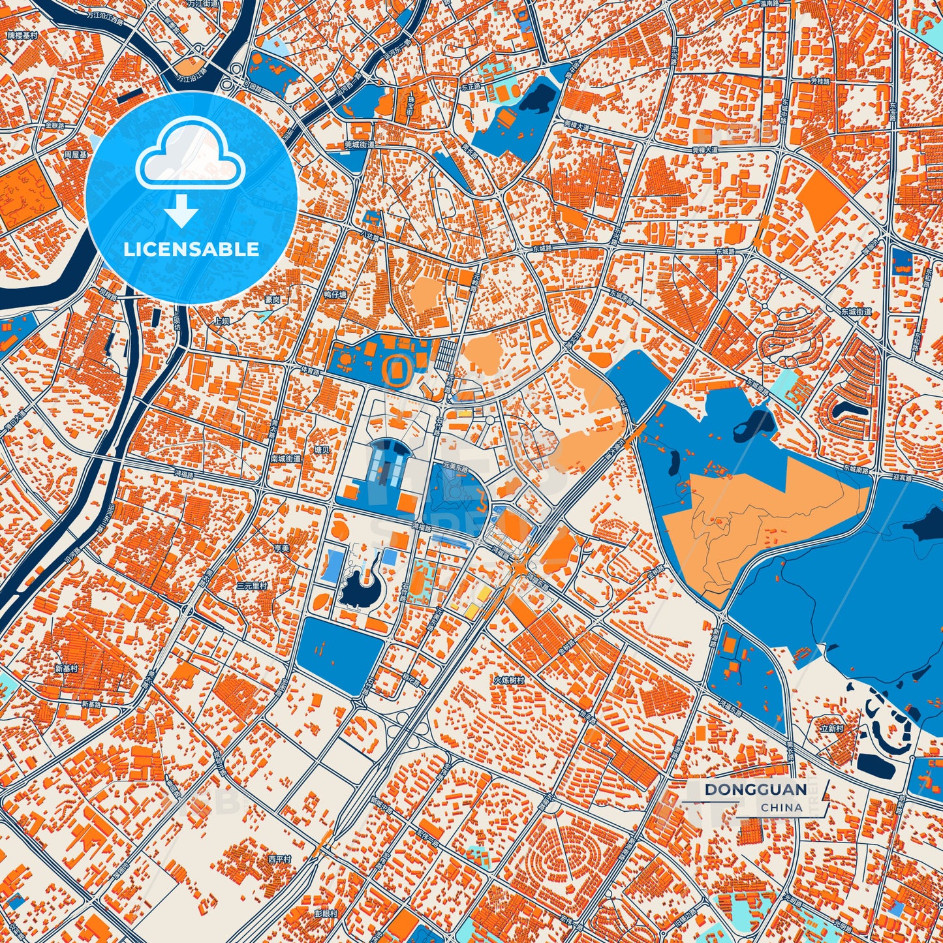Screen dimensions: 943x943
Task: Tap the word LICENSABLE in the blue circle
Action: point(191,249)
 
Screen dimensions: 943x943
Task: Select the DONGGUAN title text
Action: point(755,790)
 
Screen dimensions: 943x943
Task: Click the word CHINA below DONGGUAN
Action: point(781,807)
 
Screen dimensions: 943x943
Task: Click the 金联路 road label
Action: point(55,125)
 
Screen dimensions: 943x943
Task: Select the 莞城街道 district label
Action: point(360,145)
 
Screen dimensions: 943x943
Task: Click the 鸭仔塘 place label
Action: point(335,294)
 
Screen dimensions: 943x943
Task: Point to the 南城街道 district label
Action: point(286,459)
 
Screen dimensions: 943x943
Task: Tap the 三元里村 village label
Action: point(252,586)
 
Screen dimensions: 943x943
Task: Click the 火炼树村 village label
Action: point(508,680)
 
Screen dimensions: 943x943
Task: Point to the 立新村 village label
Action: point(832,728)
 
